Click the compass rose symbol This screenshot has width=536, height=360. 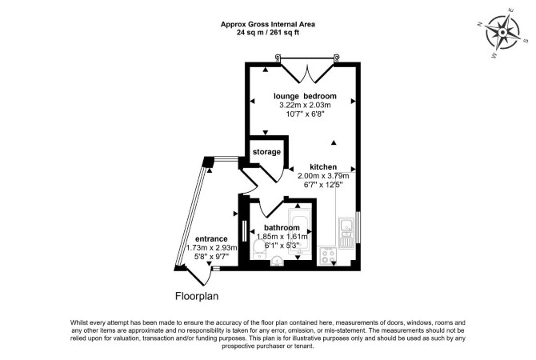[x=502, y=33]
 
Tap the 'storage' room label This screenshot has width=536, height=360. [x=266, y=152]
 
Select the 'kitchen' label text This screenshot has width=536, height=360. [x=323, y=167]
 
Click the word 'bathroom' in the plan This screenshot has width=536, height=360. [x=282, y=227]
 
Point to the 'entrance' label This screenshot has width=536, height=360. [x=211, y=239]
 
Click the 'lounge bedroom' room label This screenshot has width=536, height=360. [x=305, y=96]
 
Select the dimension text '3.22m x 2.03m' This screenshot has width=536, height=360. [x=306, y=105]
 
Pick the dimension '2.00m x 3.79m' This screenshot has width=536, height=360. [x=323, y=176]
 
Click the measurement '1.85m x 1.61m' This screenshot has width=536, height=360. [x=282, y=236]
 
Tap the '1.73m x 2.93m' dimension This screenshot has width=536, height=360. [x=211, y=247]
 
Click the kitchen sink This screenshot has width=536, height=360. [x=347, y=233]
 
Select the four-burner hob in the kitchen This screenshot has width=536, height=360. [x=328, y=257]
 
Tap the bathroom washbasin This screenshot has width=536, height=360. [x=277, y=262]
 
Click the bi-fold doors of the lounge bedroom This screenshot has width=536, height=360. [x=307, y=72]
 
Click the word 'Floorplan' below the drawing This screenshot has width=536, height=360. [x=197, y=296]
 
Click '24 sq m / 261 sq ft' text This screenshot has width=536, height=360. [x=268, y=33]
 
